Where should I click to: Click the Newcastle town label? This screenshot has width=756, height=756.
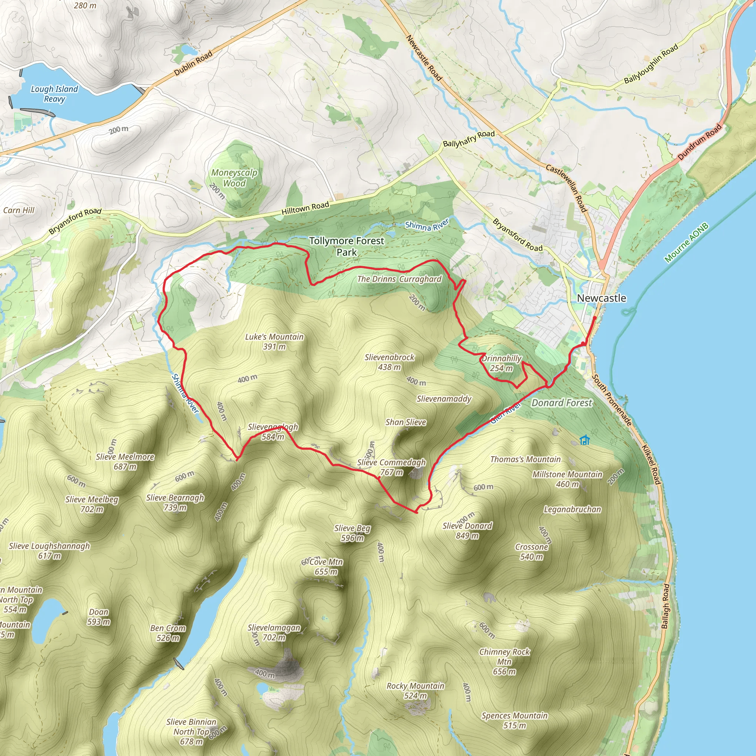pos(601,298)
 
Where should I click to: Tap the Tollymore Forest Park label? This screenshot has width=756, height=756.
pos(347,247)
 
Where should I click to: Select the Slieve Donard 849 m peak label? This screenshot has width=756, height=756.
pos(467,530)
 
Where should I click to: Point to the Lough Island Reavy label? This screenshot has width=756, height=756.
pos(54,94)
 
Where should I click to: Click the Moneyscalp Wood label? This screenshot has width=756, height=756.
pos(234,178)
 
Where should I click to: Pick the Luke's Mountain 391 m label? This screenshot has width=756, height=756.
pos(274,341)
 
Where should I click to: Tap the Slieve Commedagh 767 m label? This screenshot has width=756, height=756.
pos(391,467)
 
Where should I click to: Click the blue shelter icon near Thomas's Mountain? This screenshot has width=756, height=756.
pos(585,440)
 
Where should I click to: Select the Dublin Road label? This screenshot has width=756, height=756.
pos(193,63)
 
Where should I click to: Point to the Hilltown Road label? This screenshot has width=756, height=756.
pos(305,208)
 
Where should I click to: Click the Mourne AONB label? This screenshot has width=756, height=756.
pos(686,243)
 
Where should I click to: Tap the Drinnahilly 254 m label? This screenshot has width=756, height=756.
pos(502,363)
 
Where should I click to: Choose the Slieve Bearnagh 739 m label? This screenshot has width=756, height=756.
pos(175,502)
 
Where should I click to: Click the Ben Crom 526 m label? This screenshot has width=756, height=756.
pos(168,633)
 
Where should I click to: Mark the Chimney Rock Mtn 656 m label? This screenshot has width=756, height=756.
pos(504,662)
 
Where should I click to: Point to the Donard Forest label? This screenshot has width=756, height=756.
pos(562,403)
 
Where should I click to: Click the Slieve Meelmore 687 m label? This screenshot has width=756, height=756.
pos(125,461)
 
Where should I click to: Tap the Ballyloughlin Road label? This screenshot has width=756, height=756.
pos(651,64)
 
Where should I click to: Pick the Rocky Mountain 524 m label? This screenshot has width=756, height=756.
pos(416,691)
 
